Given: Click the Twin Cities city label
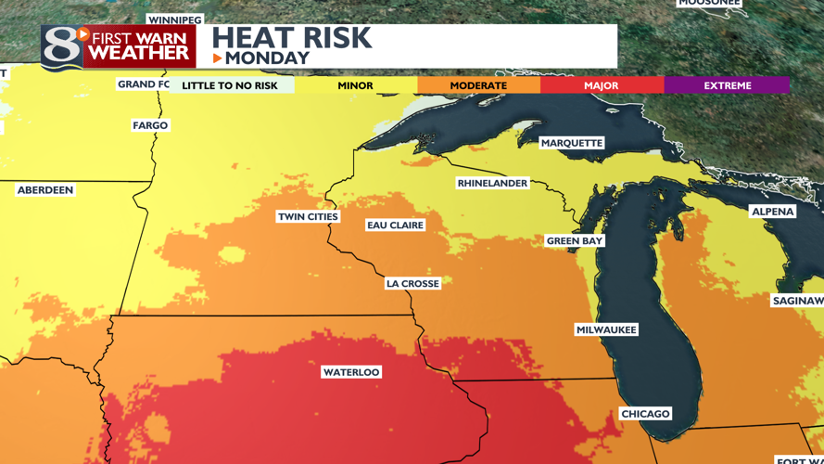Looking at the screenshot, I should coord(309,216).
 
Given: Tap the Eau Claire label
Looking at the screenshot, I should coord(395,225).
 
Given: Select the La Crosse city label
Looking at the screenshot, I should coord(412,283).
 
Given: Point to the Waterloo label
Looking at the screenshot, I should coord(351,372).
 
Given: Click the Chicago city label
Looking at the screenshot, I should coord(645,413).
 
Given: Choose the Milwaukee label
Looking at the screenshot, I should coord(606,329).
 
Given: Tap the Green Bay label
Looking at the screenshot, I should coord(575,240).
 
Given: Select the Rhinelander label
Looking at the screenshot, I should coord(492,183).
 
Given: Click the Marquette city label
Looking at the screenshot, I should coord(572,143).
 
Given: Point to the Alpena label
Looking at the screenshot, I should coord(772,211).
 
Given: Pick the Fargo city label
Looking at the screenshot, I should coord(150,125).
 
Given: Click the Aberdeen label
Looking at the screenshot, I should coord(44,189).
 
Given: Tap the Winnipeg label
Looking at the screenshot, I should coord(174,19).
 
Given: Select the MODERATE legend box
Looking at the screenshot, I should coord(478,85).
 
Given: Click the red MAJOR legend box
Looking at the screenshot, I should coord(602,85).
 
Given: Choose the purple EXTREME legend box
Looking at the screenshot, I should coord(727,85).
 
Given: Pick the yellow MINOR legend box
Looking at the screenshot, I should coord(355,85).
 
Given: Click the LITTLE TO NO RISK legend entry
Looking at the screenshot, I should coord(230,85).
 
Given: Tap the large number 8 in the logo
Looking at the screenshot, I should coord(61,47).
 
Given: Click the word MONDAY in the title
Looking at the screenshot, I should coord(267,58).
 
